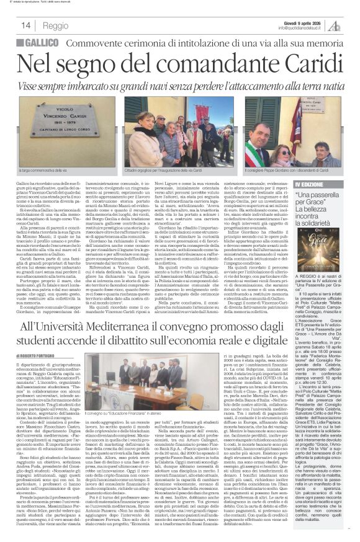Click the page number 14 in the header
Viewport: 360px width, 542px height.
click(25, 26)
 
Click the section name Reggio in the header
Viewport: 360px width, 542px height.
click(56, 26)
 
